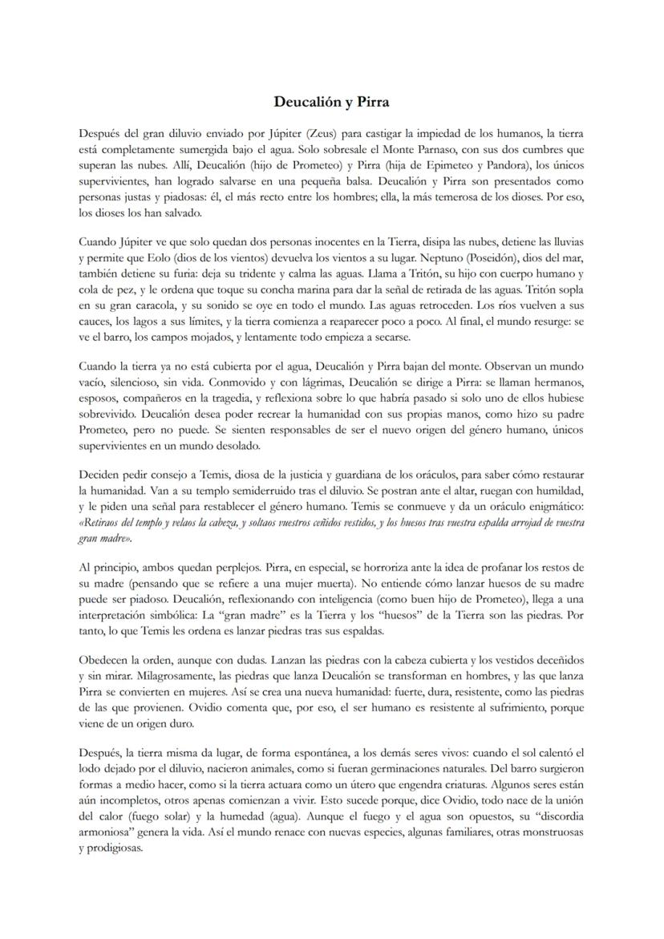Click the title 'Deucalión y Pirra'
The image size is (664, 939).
coord(331,102)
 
